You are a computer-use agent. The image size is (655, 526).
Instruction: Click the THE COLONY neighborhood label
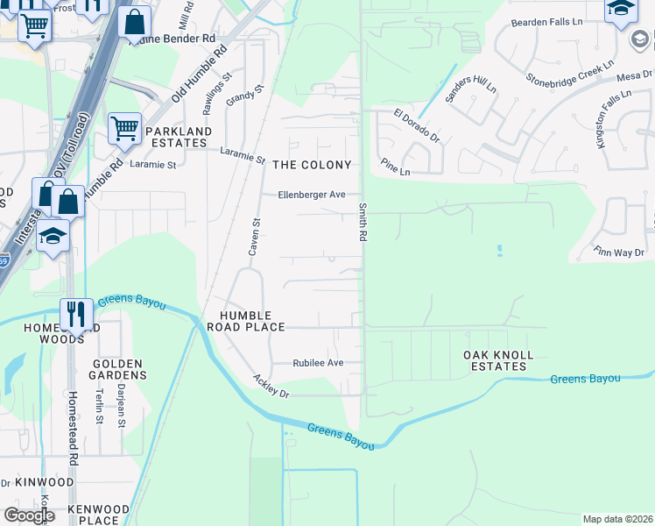(x=312, y=165)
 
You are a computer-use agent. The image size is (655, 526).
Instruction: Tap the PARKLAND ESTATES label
(x=179, y=138)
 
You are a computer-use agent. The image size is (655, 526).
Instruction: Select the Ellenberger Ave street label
(x=312, y=195)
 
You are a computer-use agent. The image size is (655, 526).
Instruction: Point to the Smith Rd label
(x=362, y=223)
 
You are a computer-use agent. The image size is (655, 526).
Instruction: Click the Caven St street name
(x=255, y=237)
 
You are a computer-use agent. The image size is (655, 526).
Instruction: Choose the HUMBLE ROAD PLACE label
(x=246, y=321)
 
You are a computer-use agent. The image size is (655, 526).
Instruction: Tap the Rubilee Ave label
(x=318, y=363)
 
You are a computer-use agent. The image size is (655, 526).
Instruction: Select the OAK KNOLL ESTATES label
(x=498, y=361)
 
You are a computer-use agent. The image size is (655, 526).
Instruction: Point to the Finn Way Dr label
(x=619, y=252)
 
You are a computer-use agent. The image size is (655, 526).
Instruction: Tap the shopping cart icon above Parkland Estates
(x=125, y=128)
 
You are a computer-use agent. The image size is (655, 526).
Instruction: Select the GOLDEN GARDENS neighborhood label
(x=117, y=369)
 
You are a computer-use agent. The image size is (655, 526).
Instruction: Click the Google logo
(x=29, y=515)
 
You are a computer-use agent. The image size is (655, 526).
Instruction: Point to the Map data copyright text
(x=617, y=519)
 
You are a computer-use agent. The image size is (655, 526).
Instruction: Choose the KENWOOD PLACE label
(x=92, y=515)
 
